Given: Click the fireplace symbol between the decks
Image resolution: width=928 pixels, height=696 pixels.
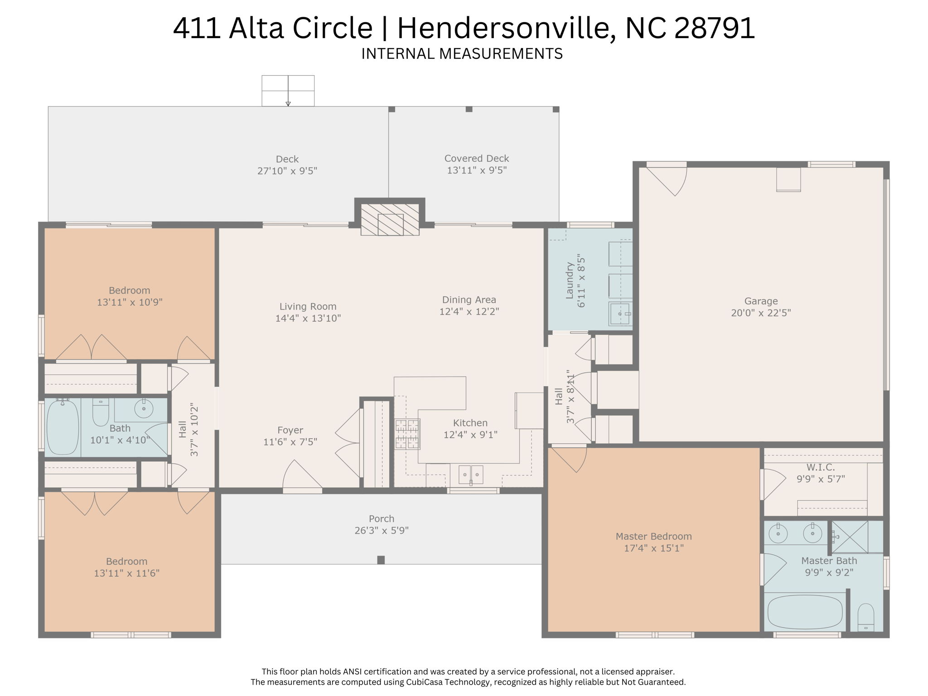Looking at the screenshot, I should click(390, 220).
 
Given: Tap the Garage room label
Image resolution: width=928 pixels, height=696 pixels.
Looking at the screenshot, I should click(761, 301).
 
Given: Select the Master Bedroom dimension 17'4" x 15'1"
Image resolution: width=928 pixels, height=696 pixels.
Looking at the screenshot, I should click(653, 548).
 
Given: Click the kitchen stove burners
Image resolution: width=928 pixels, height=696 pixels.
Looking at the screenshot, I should click(407, 434).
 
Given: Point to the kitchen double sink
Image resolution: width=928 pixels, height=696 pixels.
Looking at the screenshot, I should click(471, 475).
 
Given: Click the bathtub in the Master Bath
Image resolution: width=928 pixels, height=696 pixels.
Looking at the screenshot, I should click(805, 612).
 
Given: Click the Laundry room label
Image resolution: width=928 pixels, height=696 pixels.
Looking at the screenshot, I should click(570, 280).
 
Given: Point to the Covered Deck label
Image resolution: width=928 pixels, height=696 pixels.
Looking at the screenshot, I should click(476, 159).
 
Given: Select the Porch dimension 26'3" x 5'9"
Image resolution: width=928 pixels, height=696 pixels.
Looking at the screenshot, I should click(382, 531).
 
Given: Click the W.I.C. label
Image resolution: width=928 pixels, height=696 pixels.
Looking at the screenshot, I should click(820, 467).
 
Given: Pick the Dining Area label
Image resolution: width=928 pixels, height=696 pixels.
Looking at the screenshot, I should click(469, 300).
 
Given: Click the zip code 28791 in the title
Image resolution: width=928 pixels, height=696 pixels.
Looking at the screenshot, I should click(715, 28).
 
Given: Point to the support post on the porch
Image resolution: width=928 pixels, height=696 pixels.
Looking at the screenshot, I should click(381, 560).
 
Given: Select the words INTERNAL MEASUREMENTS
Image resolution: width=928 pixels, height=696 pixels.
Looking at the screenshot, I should click(462, 54).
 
